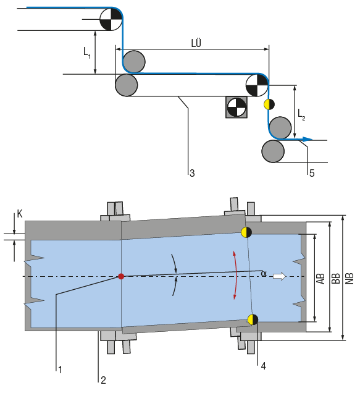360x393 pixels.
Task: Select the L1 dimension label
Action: (87, 54)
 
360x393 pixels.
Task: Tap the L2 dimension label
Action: (301, 113)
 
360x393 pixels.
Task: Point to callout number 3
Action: (192, 174)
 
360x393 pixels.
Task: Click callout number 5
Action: (312, 174)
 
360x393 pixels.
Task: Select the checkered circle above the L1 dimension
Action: (110, 18)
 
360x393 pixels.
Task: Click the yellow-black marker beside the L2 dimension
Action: (269, 103)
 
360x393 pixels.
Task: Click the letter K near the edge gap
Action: (20, 214)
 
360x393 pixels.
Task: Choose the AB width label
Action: (320, 278)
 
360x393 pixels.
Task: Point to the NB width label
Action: (350, 278)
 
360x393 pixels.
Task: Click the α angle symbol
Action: (264, 273)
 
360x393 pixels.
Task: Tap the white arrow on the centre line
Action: (280, 276)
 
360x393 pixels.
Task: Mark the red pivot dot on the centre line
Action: (121, 276)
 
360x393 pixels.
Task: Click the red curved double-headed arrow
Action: (234, 276)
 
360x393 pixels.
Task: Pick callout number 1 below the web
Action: (60, 369)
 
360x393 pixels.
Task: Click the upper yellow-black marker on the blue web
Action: (246, 232)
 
